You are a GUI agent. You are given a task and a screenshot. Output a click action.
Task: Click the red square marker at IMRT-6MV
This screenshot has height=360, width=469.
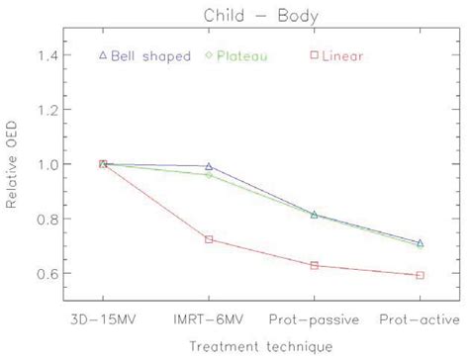pyautogui.click(x=209, y=239)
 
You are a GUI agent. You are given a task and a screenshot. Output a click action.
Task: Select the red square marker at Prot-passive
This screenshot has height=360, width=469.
pyautogui.click(x=314, y=265)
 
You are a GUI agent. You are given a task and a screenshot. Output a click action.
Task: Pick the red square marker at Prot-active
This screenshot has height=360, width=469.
pyautogui.click(x=420, y=275)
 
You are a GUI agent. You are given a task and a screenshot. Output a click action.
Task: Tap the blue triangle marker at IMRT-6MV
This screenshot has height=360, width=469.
pyautogui.click(x=209, y=166)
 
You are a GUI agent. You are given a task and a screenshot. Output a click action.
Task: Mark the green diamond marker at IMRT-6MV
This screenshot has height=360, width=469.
pyautogui.click(x=209, y=175)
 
